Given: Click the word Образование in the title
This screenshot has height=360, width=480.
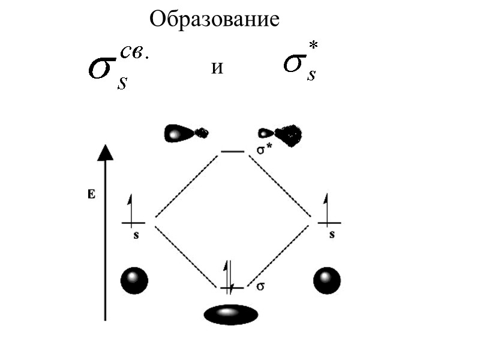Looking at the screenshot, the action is tap(214, 20).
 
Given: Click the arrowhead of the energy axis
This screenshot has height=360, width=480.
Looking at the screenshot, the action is tap(105, 152).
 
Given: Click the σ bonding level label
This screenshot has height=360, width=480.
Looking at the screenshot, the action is tap(260, 286).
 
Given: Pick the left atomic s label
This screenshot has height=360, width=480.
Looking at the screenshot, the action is tap(136, 235).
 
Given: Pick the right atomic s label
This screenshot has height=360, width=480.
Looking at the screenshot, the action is tap(331, 235).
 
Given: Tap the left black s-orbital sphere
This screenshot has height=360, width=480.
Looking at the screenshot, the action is tap(134, 280).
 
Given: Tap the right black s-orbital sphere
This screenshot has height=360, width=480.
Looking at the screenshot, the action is tap(327, 280).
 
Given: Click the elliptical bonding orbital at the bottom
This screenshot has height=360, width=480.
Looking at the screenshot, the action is tap(231, 314).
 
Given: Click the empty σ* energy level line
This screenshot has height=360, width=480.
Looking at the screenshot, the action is tap(232, 152).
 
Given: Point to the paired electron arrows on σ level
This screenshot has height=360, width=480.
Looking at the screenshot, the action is tap(229, 276).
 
